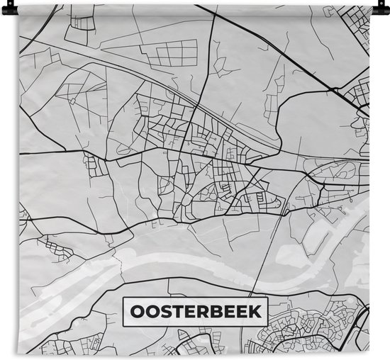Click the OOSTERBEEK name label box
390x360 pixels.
[196, 312]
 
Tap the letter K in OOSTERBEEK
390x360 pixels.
[255, 312]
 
